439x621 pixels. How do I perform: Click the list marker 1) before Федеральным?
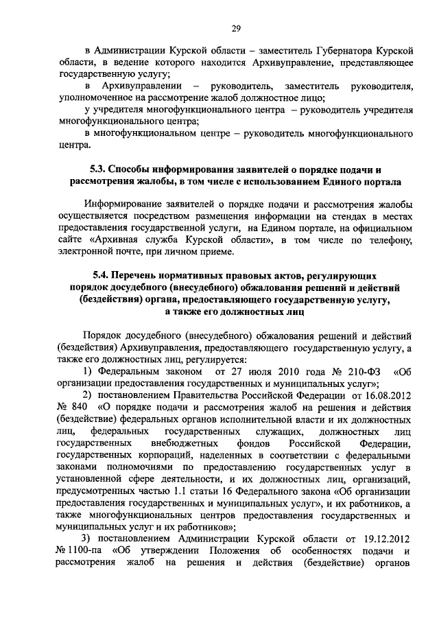pos(87,371)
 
